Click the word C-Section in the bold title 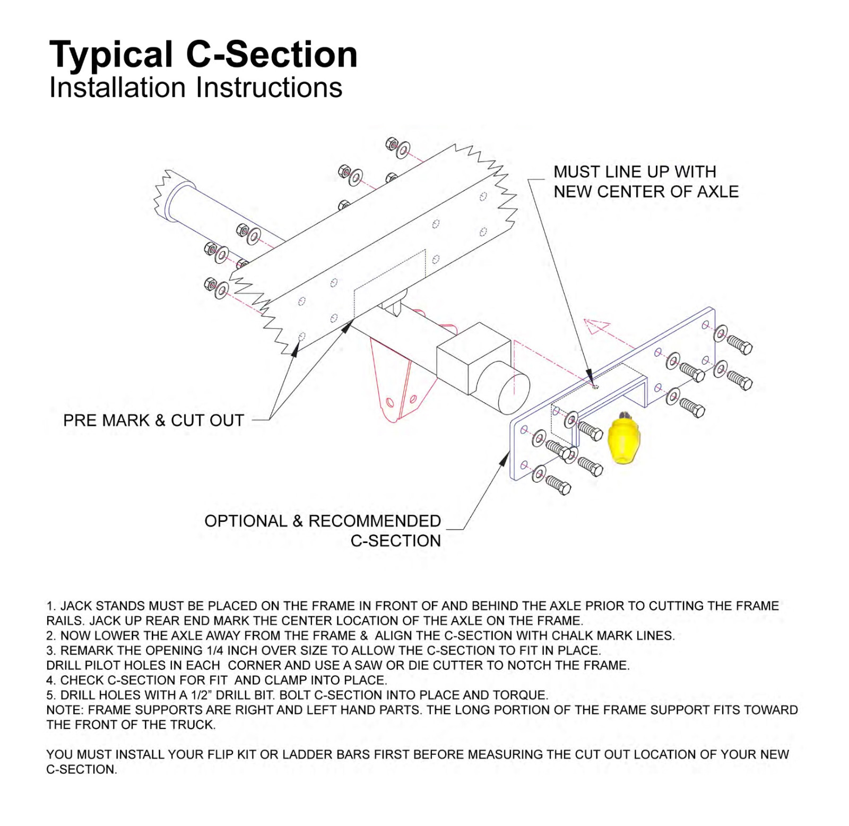coord(272,54)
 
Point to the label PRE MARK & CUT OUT coord(153,420)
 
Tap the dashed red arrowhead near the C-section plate coord(596,326)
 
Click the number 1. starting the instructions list coord(51,606)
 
